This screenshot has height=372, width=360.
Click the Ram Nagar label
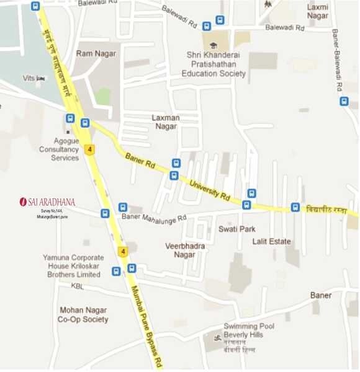tap(96, 54)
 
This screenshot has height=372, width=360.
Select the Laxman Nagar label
tap(165, 122)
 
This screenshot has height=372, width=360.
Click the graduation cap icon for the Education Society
tap(214, 45)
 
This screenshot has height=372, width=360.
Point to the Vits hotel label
tap(29, 78)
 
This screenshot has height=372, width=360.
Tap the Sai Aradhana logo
tap(47, 201)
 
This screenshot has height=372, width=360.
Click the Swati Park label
tap(236, 229)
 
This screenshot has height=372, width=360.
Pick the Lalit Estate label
tap(272, 242)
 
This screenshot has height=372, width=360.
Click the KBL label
tap(77, 286)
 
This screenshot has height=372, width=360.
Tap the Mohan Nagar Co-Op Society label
tap(83, 314)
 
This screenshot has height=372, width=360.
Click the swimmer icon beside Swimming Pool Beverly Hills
tap(216, 338)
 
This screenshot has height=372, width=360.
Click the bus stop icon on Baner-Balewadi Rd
tap(344, 101)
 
